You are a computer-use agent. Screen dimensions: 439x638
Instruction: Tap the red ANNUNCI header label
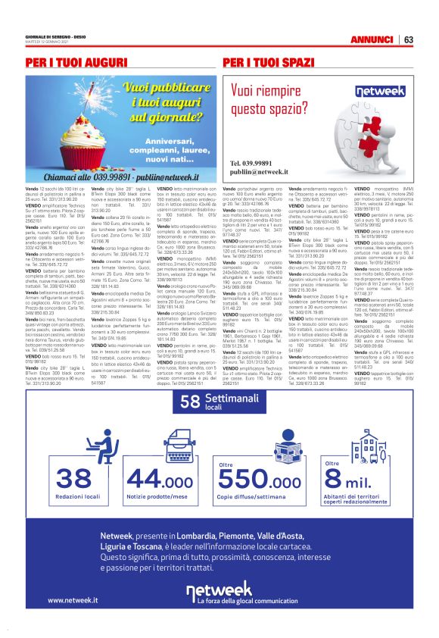coord(372,39)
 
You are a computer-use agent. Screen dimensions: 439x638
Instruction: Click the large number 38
coord(73,478)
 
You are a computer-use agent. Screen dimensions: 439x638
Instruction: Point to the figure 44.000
coord(160,478)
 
